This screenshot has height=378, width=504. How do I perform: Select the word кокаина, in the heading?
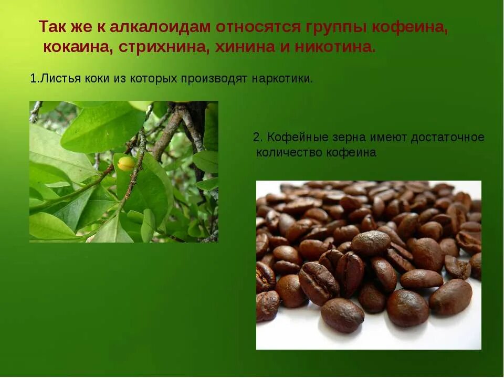click(78, 47)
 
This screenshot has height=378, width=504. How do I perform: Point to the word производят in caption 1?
click(214, 79)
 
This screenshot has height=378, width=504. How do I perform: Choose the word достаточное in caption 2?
click(447, 138)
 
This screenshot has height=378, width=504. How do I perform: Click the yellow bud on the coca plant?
click(126, 163)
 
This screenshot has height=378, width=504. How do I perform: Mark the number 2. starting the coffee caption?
click(257, 138)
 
